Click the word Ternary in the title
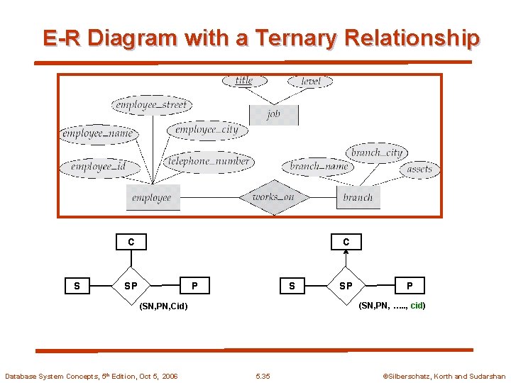(x=294, y=38)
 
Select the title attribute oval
(x=243, y=81)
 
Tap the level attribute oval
(x=310, y=82)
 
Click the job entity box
(x=273, y=114)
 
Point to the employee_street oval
(x=151, y=105)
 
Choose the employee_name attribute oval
(x=97, y=133)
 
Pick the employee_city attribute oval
(x=207, y=130)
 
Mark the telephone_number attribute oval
(x=208, y=162)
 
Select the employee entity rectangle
(x=152, y=198)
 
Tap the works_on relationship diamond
(x=273, y=197)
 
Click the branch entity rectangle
(x=358, y=198)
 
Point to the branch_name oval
(x=319, y=167)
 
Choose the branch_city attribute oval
(x=376, y=152)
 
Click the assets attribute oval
(x=419, y=170)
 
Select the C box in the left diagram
(x=131, y=242)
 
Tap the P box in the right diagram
(x=410, y=286)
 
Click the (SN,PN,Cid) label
(x=164, y=306)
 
